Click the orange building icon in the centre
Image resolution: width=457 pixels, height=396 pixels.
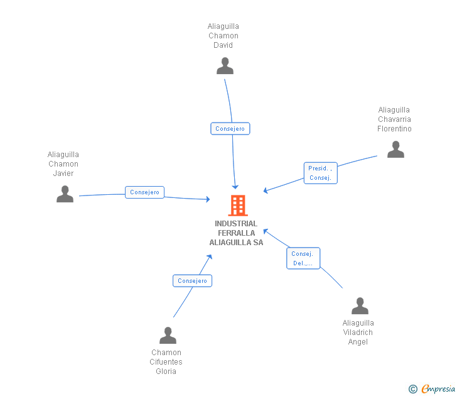(237, 206)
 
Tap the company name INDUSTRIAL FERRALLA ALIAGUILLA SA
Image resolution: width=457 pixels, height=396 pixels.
(236, 233)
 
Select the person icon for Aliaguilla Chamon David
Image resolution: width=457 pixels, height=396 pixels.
(225, 65)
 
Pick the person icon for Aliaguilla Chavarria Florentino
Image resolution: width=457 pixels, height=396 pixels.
(395, 149)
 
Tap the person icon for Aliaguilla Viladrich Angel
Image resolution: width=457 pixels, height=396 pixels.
(360, 305)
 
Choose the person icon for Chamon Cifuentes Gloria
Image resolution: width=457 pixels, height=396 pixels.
(168, 335)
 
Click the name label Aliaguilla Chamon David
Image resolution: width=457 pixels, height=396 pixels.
(223, 36)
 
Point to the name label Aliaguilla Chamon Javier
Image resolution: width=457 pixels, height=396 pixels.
(63, 164)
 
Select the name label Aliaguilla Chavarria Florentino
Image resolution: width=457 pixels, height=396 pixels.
(394, 119)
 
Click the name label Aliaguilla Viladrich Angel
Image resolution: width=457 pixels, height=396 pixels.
(358, 333)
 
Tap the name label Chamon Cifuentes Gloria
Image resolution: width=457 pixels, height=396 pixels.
(166, 362)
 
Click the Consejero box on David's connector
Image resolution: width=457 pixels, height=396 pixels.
(230, 129)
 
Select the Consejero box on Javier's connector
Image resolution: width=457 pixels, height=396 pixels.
(144, 192)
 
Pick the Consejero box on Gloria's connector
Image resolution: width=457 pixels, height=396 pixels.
(192, 281)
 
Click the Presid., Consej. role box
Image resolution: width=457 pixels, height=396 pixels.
(321, 173)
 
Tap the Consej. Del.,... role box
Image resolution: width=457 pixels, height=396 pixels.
(303, 258)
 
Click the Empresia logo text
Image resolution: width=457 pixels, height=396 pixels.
(438, 389)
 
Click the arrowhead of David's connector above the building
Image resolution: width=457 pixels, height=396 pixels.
(235, 186)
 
